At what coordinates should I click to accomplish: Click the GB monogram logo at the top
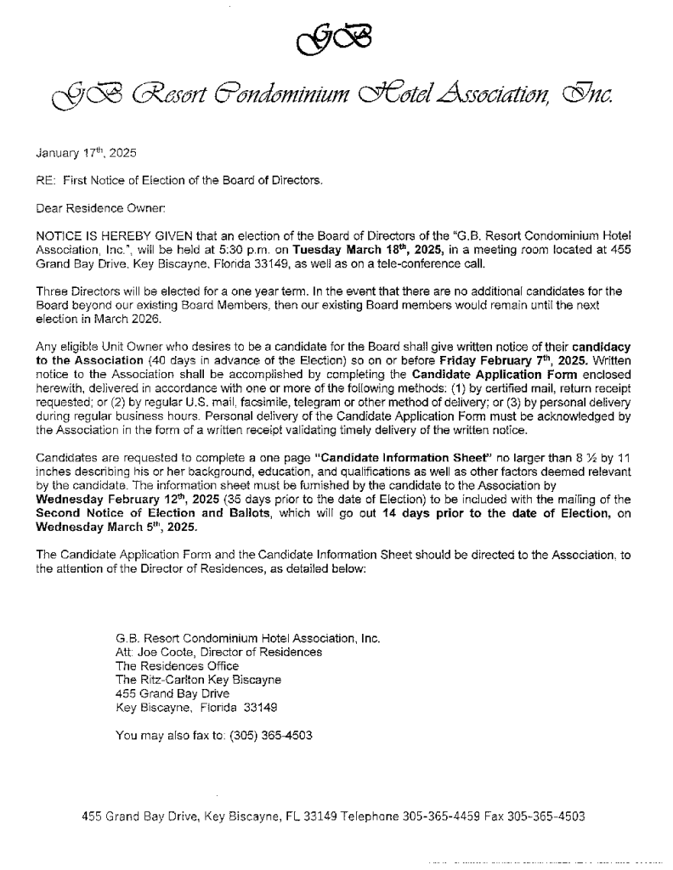(x=336, y=37)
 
